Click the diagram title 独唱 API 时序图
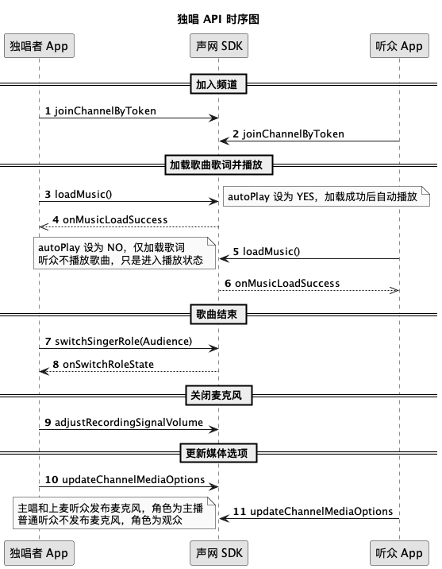click(218, 19)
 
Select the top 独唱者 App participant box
click(39, 46)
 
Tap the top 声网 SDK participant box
click(219, 46)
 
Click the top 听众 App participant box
click(399, 46)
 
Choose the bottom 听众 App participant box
click(399, 553)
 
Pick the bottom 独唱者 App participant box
click(39, 553)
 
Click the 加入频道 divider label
click(218, 84)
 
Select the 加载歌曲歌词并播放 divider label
click(218, 165)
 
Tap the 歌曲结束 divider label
click(218, 314)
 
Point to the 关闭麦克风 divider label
click(218, 395)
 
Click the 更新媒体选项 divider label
click(218, 453)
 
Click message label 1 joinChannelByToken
click(100, 111)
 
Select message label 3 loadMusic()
click(79, 195)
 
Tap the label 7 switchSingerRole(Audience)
click(118, 342)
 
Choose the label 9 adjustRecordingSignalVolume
click(124, 423)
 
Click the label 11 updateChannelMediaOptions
click(313, 512)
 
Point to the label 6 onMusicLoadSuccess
click(282, 284)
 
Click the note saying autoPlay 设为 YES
click(326, 196)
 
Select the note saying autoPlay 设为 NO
click(125, 254)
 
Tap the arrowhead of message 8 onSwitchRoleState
click(44, 371)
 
